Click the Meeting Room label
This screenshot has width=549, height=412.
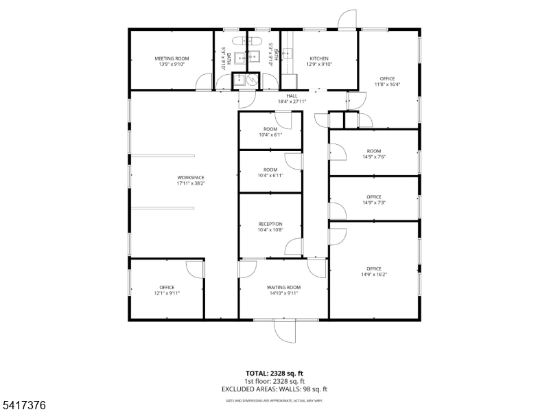click(x=172, y=59)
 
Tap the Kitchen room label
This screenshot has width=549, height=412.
click(x=319, y=59)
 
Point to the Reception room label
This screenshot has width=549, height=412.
click(x=270, y=224)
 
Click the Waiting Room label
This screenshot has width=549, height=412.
click(x=284, y=288)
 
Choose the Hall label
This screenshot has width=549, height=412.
click(x=292, y=96)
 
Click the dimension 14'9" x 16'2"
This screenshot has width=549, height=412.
click(x=374, y=275)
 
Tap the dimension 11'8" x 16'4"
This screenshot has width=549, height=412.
click(x=387, y=84)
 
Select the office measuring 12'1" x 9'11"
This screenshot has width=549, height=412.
click(x=167, y=290)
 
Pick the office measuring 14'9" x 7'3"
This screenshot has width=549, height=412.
click(x=374, y=200)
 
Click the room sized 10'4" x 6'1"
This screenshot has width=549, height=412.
click(x=270, y=132)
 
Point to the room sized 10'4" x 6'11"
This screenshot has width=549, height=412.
click(x=270, y=172)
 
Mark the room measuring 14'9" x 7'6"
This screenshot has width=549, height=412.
click(x=374, y=154)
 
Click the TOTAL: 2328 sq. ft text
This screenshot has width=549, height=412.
click(x=274, y=374)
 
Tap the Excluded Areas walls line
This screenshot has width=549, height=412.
click(x=274, y=389)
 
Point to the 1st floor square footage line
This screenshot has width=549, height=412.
click(x=274, y=381)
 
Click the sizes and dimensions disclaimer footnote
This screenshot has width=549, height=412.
click(x=274, y=400)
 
